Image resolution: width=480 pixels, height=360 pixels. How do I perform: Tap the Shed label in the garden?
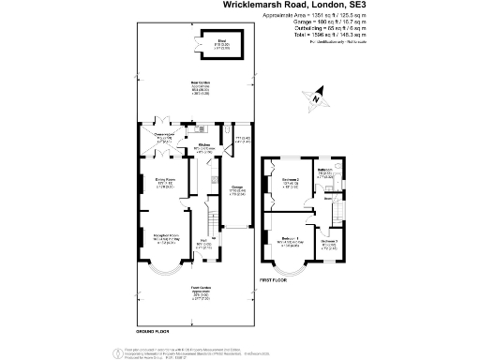[222, 41]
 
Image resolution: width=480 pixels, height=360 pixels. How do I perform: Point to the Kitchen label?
[205, 145]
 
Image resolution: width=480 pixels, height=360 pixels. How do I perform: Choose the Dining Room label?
[164, 183]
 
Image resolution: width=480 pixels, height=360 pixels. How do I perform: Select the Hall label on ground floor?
[202, 247]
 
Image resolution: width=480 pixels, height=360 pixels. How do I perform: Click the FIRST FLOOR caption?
[272, 279]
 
